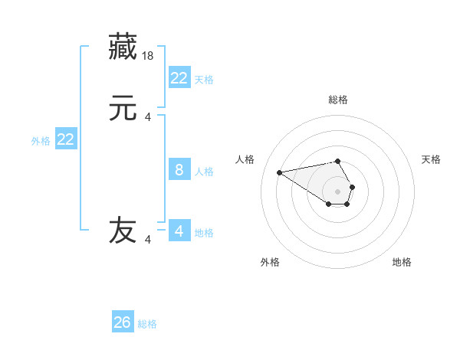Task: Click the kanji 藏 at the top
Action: pos(123,48)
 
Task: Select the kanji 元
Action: pos(123,110)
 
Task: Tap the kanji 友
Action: pos(123,231)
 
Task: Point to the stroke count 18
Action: pos(149,56)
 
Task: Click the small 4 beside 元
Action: pos(148,117)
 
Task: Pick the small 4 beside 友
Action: pos(148,240)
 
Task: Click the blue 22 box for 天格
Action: pos(179,77)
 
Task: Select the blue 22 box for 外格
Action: pos(66,139)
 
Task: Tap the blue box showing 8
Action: pos(179,170)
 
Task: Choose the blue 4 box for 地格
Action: pos(179,231)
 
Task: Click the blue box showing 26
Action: pos(123,322)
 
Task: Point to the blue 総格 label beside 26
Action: pos(148,324)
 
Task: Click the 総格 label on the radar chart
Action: pos(338,100)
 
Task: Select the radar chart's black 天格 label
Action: pos(431,159)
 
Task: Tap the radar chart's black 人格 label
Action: pos(245,159)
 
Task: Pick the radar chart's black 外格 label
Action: pos(270,262)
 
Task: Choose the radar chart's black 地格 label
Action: pos(402,262)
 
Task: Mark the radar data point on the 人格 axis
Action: pos(280,172)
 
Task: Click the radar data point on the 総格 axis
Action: pos(338,161)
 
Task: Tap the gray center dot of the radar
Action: pos(338,191)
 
